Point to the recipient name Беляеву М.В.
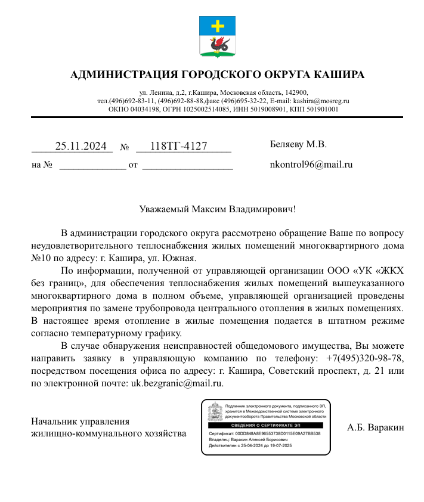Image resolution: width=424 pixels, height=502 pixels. coord(299,144)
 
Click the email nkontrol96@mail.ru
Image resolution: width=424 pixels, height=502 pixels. coord(311,164)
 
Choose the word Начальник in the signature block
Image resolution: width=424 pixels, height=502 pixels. coord(55,422)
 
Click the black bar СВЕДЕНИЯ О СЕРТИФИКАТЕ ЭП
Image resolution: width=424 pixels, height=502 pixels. coord(265,425)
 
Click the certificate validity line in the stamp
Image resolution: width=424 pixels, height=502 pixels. coord(255,445)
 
